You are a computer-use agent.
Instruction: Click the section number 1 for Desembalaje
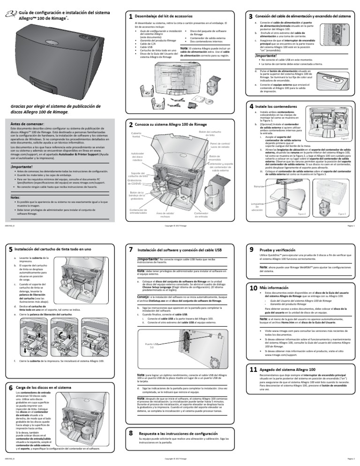(130, 16)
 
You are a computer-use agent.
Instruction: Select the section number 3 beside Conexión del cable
(250, 16)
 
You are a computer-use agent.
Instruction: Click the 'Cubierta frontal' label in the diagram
(136, 135)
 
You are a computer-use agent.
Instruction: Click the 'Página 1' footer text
(349, 225)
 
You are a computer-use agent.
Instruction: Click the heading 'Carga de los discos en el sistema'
(43, 388)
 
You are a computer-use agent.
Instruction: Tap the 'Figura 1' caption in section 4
(344, 139)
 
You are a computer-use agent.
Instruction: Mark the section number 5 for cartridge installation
(10, 249)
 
